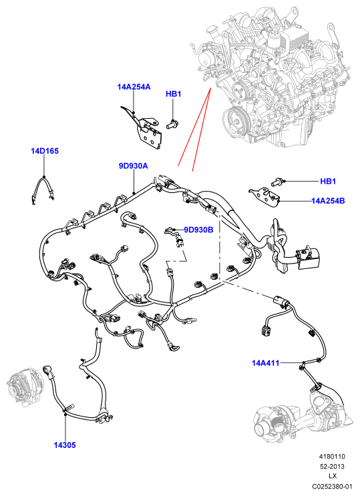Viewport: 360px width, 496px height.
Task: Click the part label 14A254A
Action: pyautogui.click(x=134, y=87)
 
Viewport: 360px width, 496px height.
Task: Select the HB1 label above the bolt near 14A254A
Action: pyautogui.click(x=173, y=94)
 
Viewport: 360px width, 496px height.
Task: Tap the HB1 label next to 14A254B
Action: pyautogui.click(x=328, y=182)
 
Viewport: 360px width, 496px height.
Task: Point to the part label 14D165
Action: pyautogui.click(x=45, y=151)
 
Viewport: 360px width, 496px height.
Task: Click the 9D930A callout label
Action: pyautogui.click(x=134, y=166)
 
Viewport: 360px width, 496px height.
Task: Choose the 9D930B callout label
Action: pyautogui.click(x=198, y=230)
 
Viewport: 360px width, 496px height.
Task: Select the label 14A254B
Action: pyautogui.click(x=328, y=200)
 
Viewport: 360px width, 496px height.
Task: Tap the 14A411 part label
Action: pyautogui.click(x=266, y=363)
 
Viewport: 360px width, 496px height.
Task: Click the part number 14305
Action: pyautogui.click(x=65, y=445)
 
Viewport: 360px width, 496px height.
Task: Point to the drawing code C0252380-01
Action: pyautogui.click(x=332, y=486)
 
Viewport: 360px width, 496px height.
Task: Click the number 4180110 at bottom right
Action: pyautogui.click(x=332, y=457)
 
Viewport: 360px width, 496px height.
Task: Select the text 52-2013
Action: pyautogui.click(x=332, y=466)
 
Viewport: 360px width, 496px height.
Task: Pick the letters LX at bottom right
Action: pyautogui.click(x=333, y=476)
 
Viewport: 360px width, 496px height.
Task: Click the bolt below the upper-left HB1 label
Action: pyautogui.click(x=173, y=123)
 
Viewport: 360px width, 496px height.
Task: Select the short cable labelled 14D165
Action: pyautogui.click(x=43, y=190)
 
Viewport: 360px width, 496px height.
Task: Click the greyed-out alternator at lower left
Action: pyautogui.click(x=26, y=388)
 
